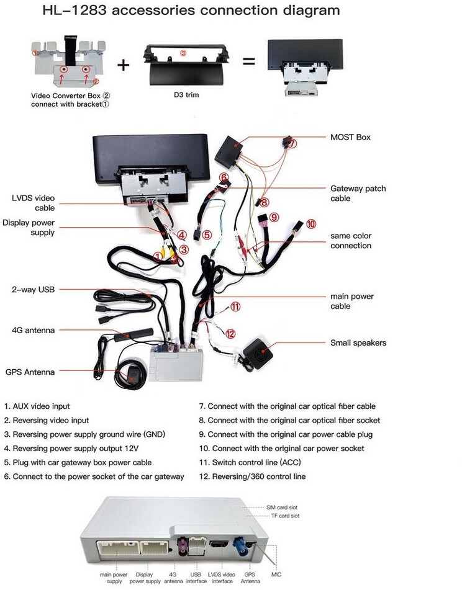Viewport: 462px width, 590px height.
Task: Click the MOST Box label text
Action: click(x=350, y=137)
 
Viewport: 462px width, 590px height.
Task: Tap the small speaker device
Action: click(x=258, y=354)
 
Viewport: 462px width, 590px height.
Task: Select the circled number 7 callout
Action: click(x=292, y=143)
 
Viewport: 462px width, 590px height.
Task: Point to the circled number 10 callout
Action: click(x=311, y=224)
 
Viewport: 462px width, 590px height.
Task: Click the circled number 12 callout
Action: click(x=230, y=334)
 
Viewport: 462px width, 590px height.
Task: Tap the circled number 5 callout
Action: click(x=207, y=235)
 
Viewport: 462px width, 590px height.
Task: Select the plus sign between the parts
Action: click(x=123, y=65)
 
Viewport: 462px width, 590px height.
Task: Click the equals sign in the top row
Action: click(x=248, y=61)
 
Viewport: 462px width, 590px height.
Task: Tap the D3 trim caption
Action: click(x=186, y=95)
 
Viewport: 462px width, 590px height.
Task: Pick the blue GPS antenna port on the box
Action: click(x=240, y=547)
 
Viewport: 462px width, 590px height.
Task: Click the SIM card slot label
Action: click(x=282, y=507)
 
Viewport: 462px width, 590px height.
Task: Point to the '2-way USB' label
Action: click(x=33, y=290)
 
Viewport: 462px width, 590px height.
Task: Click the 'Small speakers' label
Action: click(x=358, y=343)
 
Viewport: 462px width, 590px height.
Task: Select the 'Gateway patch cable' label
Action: click(x=358, y=194)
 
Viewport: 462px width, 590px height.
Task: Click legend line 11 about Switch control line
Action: click(x=250, y=462)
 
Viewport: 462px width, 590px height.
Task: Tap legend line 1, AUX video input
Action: click(x=37, y=406)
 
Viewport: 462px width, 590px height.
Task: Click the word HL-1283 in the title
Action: click(x=75, y=10)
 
